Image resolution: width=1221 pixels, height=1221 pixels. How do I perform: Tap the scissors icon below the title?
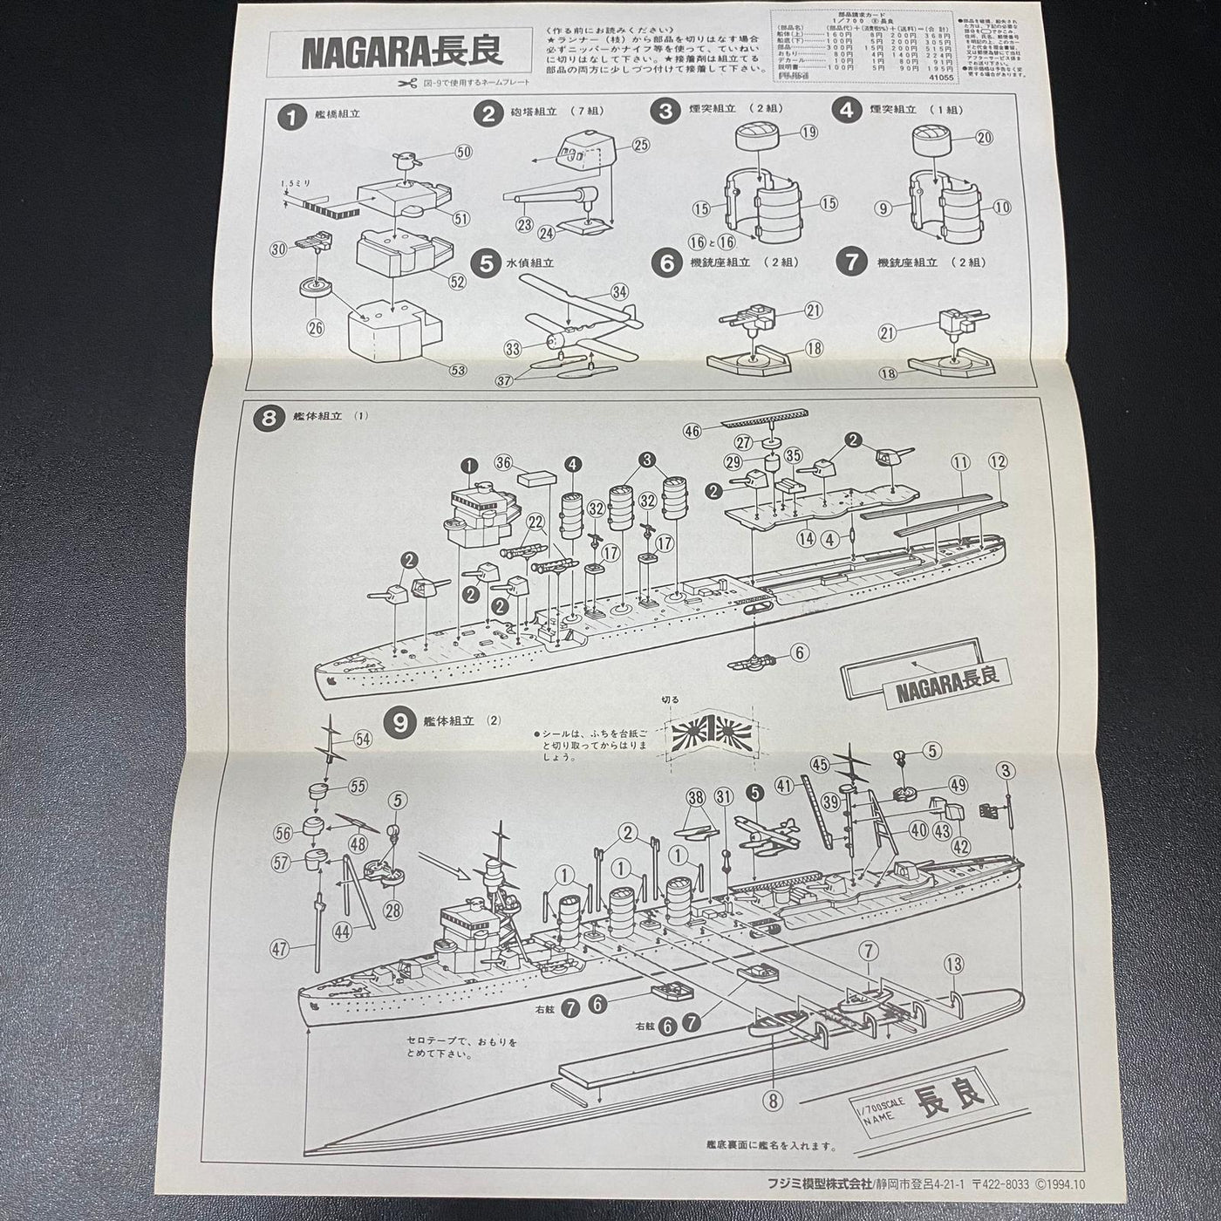[406, 84]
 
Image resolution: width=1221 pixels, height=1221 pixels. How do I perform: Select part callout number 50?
[463, 152]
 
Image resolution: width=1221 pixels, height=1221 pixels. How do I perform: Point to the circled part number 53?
[459, 369]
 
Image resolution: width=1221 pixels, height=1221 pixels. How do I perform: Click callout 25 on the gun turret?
[640, 145]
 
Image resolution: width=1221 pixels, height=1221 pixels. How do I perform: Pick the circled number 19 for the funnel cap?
[808, 133]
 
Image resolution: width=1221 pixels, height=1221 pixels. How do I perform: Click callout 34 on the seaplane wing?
[619, 290]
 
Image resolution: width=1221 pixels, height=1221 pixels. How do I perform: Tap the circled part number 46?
[692, 430]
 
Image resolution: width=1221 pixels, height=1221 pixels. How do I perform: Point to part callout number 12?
[997, 460]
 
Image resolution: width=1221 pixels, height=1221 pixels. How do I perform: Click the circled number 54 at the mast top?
[362, 739]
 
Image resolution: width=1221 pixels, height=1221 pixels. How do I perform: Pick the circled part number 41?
[784, 784]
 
